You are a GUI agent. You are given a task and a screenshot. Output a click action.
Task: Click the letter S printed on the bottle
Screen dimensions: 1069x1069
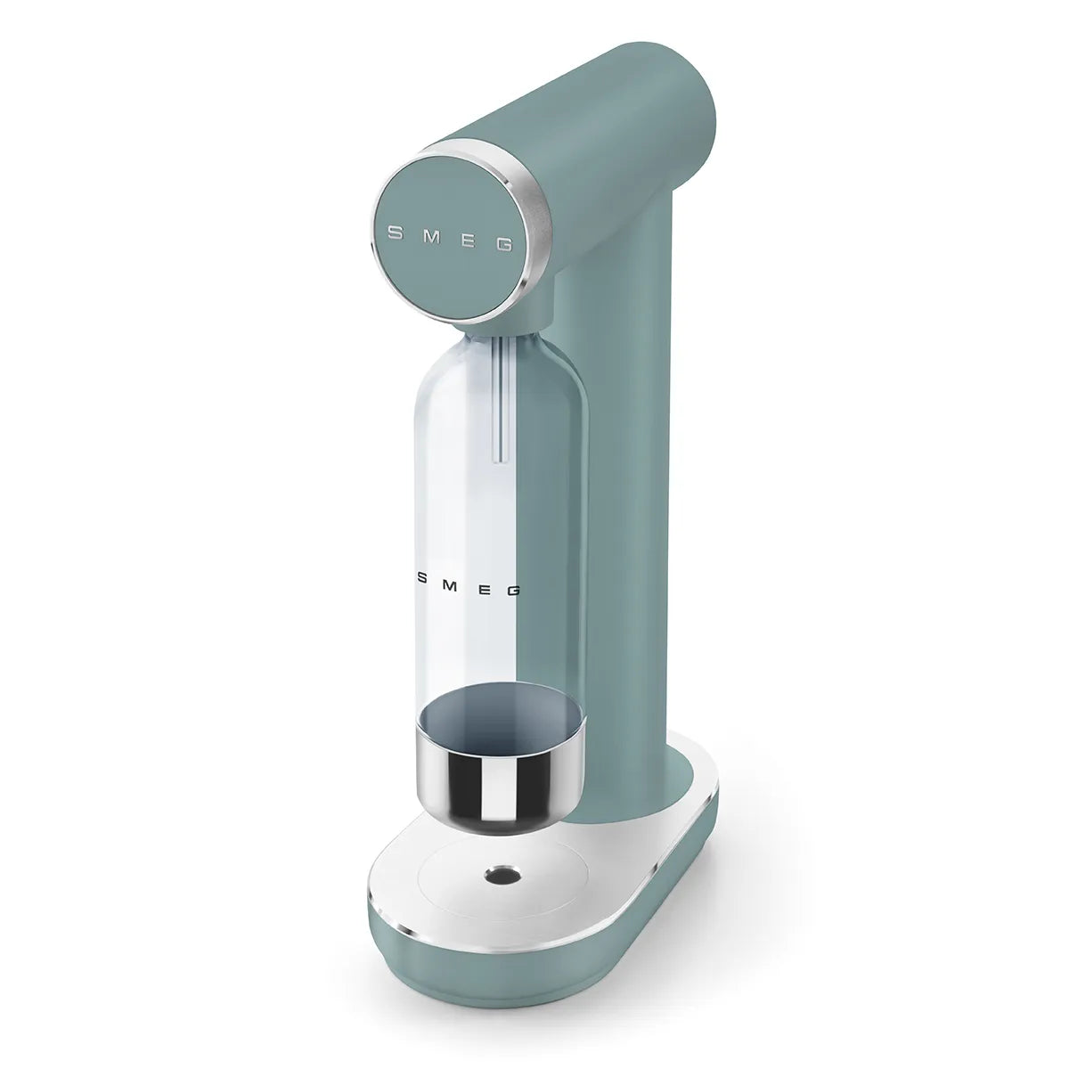(x=424, y=576)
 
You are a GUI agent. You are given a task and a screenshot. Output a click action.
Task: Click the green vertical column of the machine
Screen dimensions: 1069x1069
(x=615, y=534)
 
